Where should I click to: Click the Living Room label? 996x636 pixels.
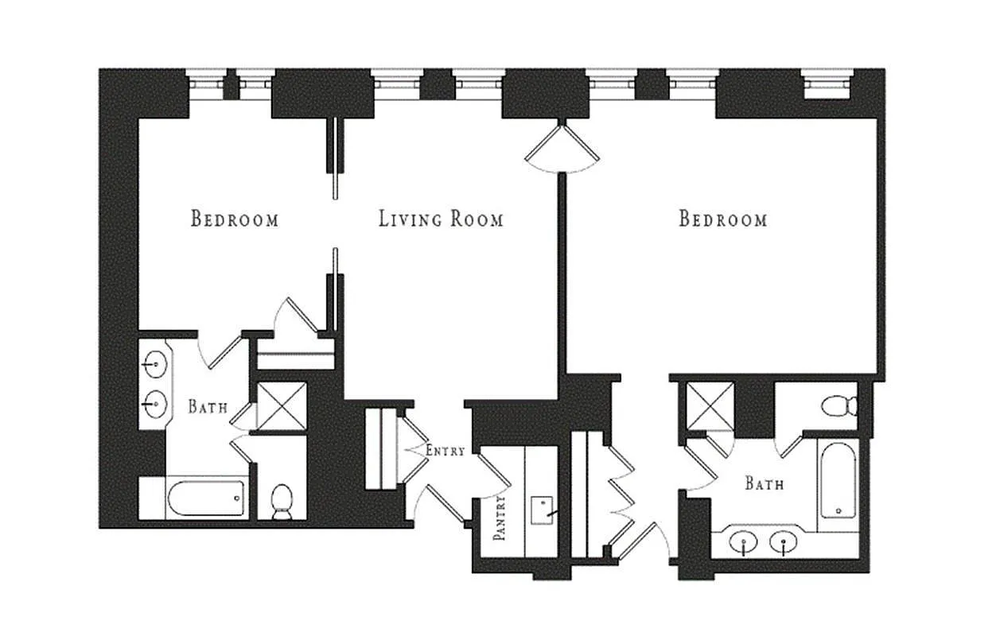pos(441,219)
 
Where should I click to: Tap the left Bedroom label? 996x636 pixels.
pos(235,219)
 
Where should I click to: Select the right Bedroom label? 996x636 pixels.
pos(722,219)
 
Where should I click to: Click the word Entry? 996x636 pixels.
pos(445,451)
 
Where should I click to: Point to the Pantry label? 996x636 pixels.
pos(500,518)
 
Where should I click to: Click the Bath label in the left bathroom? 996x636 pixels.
pos(208,407)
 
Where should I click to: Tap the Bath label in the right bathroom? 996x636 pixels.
pos(764,483)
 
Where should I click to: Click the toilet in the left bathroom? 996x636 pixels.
pos(282,502)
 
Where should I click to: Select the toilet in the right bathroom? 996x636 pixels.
pos(838,406)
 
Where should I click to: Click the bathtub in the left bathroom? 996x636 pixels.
pos(205,498)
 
